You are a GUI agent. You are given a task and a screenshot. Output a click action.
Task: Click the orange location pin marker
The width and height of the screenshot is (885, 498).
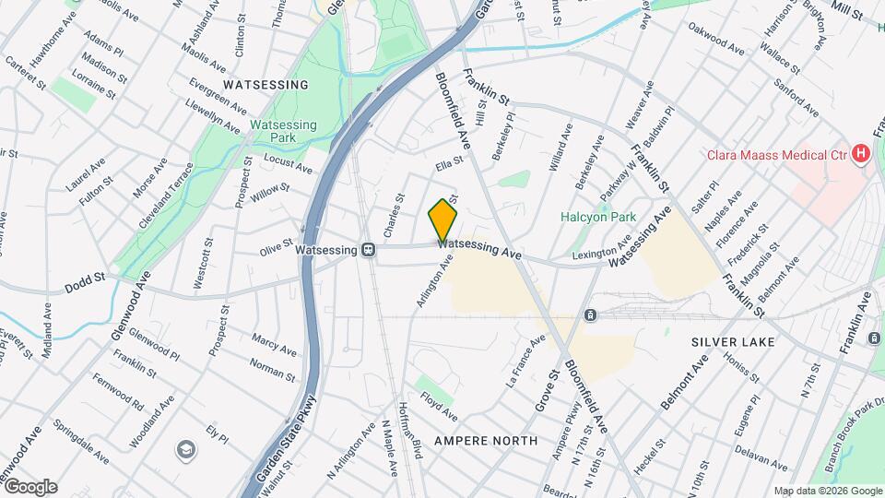pos(442,219)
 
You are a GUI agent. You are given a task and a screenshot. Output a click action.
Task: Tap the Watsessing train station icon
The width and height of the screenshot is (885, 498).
pos(368,249)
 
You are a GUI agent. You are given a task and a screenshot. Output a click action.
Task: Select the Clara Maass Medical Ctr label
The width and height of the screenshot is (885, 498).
pos(775,155)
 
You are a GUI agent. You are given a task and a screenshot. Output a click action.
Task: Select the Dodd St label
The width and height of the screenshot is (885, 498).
pos(85,289)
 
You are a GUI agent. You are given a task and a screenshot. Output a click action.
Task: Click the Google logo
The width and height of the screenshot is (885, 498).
pos(29,487)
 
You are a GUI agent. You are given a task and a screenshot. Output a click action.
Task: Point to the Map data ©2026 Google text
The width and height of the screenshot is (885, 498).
pos(827,491)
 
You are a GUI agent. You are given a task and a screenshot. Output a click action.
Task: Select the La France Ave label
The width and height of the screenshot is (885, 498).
pos(525,359)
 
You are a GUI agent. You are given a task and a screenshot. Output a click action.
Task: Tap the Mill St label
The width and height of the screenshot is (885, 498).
pos(845,13)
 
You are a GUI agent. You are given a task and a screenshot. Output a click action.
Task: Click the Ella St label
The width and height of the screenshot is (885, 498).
pos(448,165)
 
